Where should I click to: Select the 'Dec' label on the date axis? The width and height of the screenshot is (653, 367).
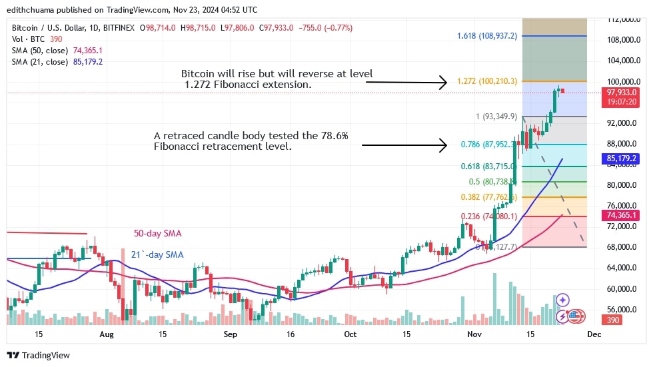pyautogui.click(x=594, y=334)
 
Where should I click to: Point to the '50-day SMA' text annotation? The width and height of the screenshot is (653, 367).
pyautogui.click(x=159, y=234)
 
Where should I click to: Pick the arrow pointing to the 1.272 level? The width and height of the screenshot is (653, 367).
pyautogui.click(x=406, y=83)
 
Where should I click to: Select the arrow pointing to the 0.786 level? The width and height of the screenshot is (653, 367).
pyautogui.click(x=406, y=145)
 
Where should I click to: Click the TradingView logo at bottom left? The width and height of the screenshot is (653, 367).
pyautogui.click(x=38, y=355)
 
